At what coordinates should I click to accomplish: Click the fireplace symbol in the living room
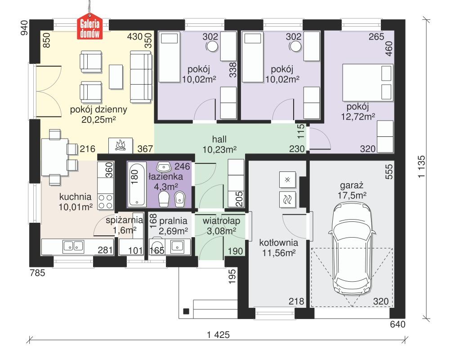(x=120, y=145)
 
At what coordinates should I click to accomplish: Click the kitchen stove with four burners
(x=106, y=201)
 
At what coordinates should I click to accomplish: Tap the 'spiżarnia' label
(x=124, y=220)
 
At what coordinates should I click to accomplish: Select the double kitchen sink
(x=73, y=246)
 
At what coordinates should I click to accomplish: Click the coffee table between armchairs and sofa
(x=116, y=77)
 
